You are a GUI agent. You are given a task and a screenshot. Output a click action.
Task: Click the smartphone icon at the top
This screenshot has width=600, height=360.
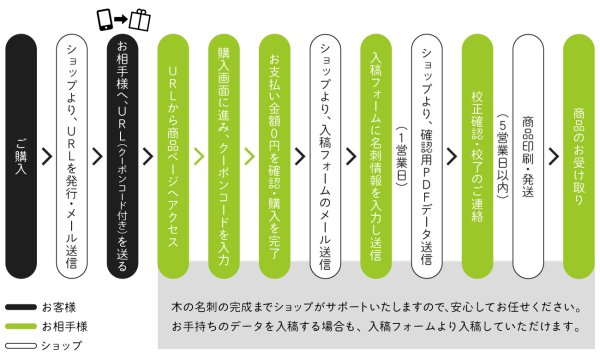(105, 18)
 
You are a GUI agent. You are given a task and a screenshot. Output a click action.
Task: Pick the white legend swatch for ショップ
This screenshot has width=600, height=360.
(19, 345)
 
